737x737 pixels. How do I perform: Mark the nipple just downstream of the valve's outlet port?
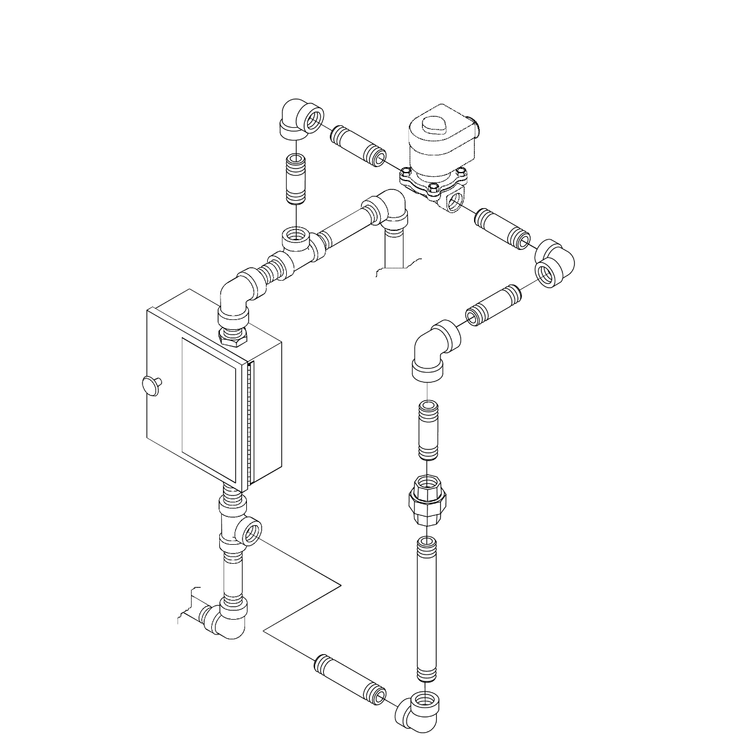point(502,228)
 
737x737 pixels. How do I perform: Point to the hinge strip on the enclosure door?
point(249,424)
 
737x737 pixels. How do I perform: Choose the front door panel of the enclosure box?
point(209,408)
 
